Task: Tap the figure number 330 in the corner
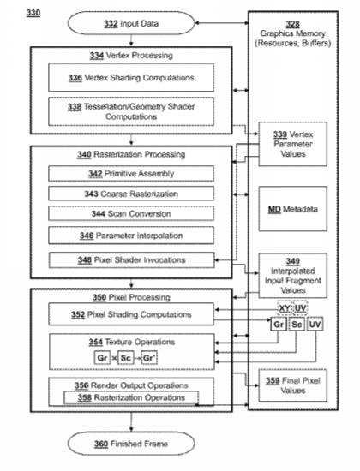[x=33, y=13]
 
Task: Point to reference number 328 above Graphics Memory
[x=292, y=24]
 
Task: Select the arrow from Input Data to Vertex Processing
[x=131, y=40]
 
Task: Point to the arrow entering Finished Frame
[x=131, y=422]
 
